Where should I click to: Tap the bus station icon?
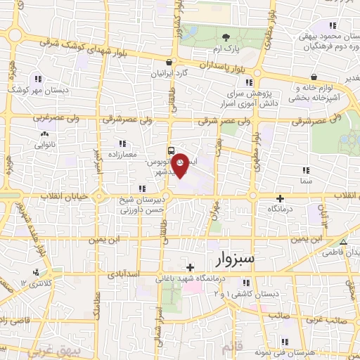(171, 150)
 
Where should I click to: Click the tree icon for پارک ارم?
(225, 37)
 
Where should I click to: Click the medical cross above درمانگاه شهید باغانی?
(190, 268)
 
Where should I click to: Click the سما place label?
(305, 181)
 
